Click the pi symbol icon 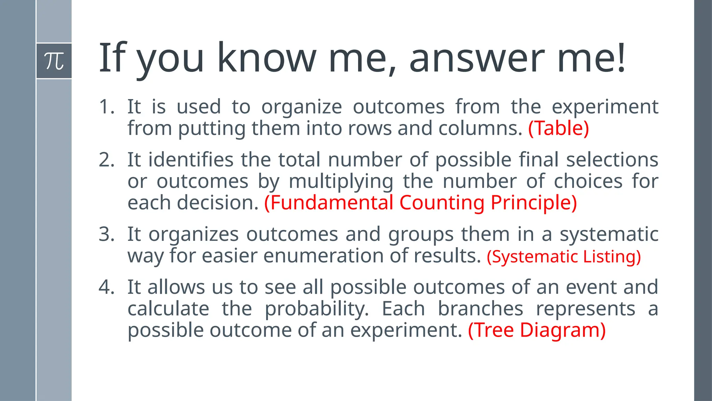pos(54,61)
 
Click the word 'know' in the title pos(267,58)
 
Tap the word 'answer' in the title pos(477,58)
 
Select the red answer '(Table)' pos(558,128)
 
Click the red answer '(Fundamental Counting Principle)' pos(420,203)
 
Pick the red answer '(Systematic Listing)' pos(564,257)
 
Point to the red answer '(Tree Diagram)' pos(537,330)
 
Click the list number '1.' pos(106,107)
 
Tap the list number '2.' pos(106,160)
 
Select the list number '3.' pos(106,234)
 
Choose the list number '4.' pos(106,287)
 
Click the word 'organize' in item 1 pos(301,107)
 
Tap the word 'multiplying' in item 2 pos(341,182)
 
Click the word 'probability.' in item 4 pos(317,309)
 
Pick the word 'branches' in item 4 pos(480,309)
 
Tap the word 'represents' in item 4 pos(585,309)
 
